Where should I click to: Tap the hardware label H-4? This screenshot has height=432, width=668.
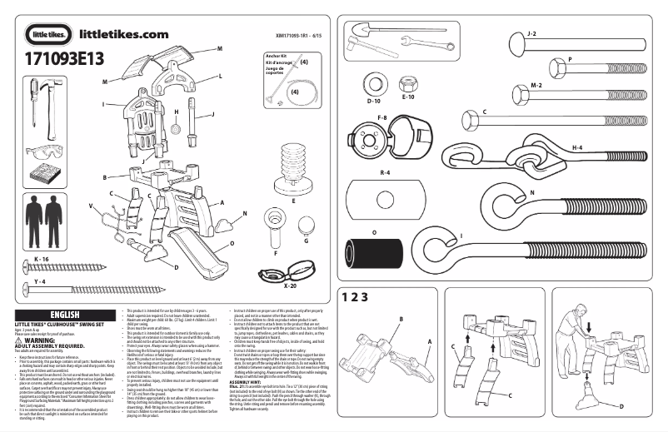pyautogui.click(x=576, y=147)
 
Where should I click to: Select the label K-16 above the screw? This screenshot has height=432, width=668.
pyautogui.click(x=43, y=260)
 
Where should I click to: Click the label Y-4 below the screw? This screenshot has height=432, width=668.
pyautogui.click(x=39, y=283)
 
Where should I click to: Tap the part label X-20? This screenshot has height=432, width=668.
pyautogui.click(x=291, y=285)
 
